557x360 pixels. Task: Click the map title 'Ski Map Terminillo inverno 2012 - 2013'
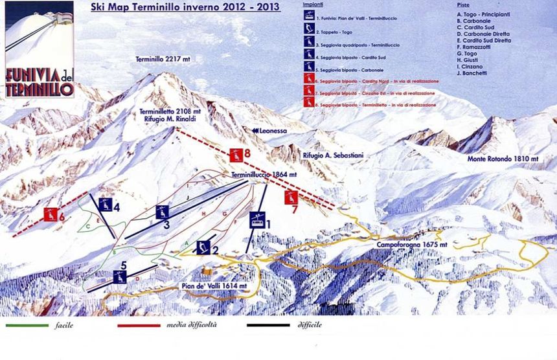pos(181,8)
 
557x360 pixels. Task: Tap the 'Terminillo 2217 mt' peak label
pos(163,59)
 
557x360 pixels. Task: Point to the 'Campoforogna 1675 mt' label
pos(407,245)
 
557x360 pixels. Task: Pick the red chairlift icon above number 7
pos(292,196)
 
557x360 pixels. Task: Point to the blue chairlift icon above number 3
pos(162,211)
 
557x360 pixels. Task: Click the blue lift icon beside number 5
pos(119,276)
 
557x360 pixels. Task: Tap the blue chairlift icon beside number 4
pos(106,207)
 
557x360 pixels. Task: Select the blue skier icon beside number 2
pos(203,246)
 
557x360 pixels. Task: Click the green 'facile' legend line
pos(27,325)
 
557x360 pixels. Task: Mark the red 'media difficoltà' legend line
pos(141,325)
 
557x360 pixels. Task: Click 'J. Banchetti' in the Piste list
pos(473,73)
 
